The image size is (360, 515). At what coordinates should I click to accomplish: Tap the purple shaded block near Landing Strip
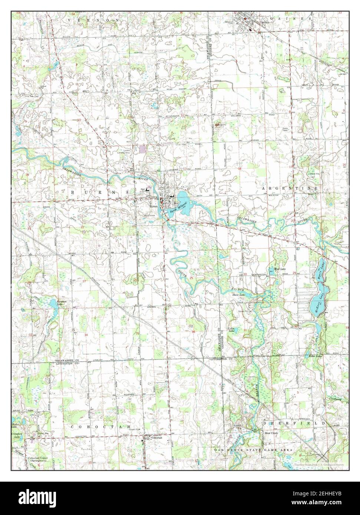tap(142, 149)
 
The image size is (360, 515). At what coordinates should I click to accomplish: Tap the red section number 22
tap(82, 227)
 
